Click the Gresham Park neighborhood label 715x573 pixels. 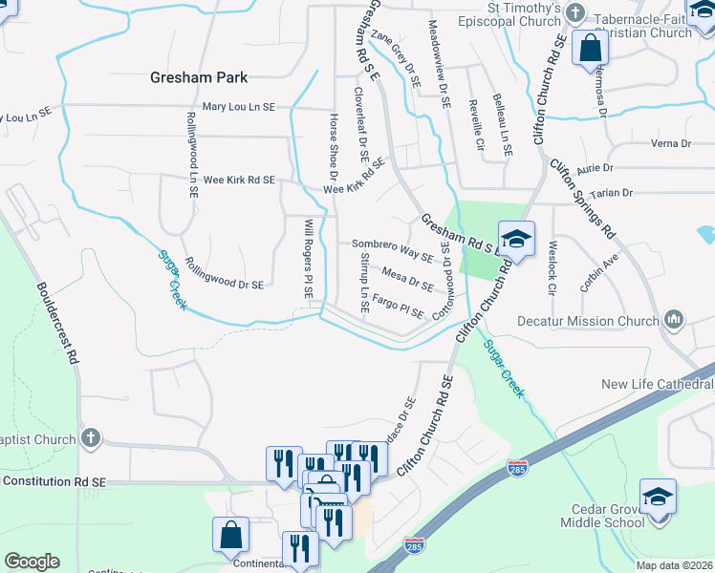click(199, 77)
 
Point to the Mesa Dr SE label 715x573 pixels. click(407, 276)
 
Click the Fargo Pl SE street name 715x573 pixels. click(398, 307)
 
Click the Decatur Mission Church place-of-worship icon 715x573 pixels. click(675, 319)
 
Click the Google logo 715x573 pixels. click(32, 562)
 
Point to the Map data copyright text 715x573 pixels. click(674, 565)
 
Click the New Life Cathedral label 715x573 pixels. click(658, 384)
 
